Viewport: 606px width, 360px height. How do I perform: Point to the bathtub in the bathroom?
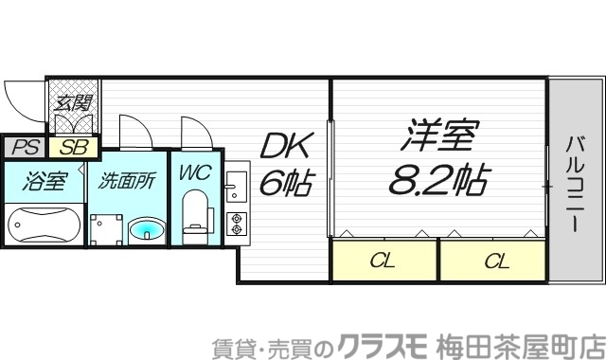pos(44,227)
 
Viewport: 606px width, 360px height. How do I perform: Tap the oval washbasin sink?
pos(144,228)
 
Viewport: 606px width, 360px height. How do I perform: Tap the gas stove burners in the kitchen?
pos(235,225)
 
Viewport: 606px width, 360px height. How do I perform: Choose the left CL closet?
pos(383,260)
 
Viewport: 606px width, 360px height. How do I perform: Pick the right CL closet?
pos(494,260)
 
